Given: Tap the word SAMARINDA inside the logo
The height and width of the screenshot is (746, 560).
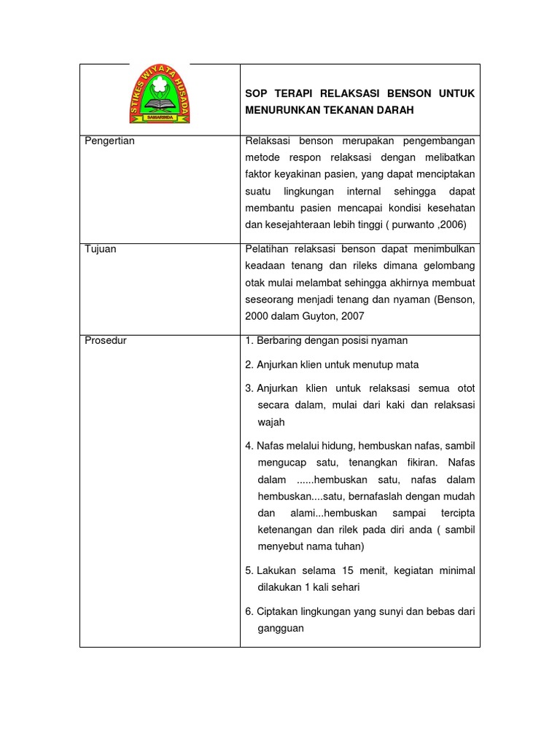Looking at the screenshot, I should (160, 117).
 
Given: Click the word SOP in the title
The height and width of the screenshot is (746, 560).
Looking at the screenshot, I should (256, 93).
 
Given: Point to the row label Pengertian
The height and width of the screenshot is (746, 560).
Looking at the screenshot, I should (110, 141).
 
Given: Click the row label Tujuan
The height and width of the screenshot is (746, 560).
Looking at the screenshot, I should (101, 249).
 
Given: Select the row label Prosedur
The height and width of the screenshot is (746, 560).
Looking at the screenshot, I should (106, 340).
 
